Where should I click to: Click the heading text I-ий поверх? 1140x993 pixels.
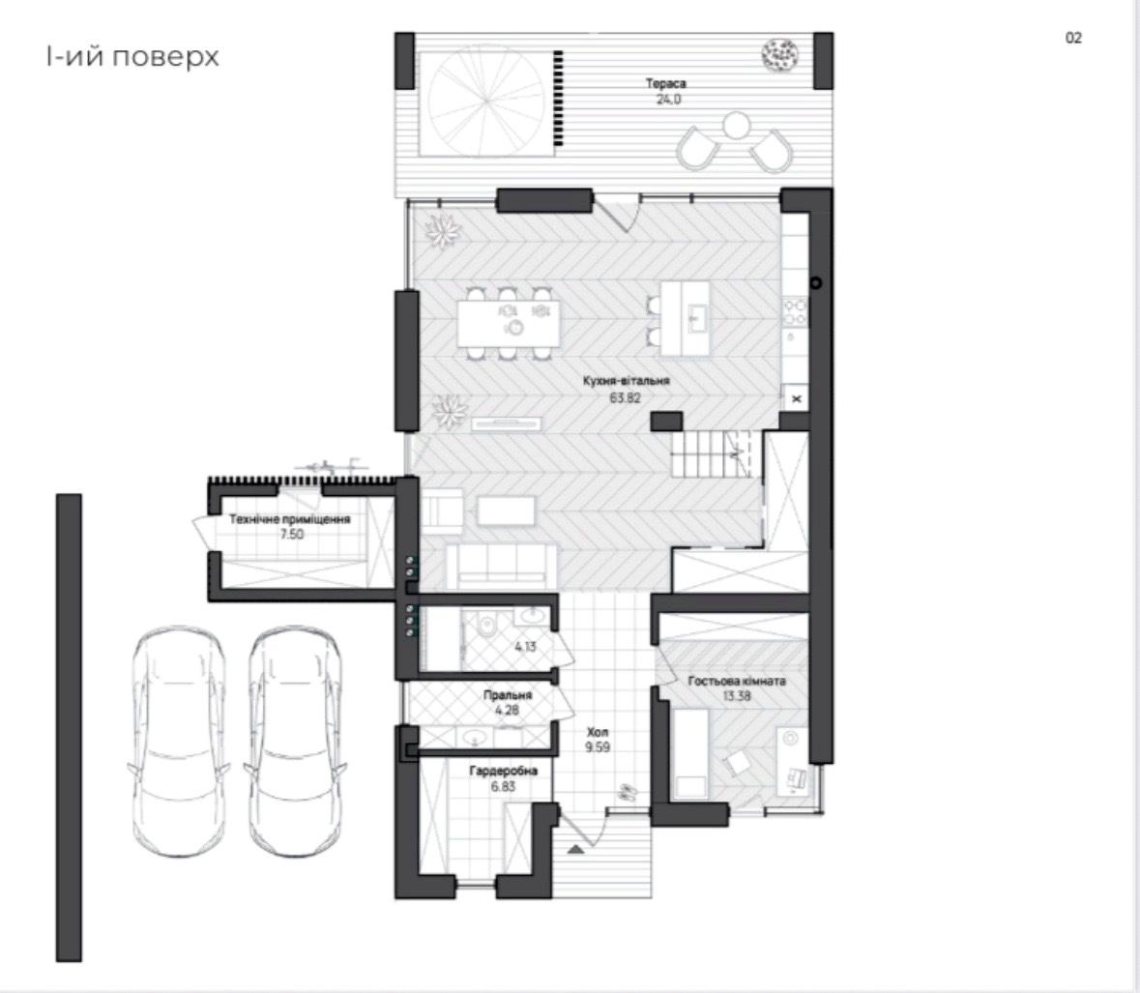[x=132, y=57]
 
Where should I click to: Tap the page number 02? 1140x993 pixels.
[x=1073, y=38]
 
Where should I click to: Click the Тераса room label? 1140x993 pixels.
[x=666, y=84]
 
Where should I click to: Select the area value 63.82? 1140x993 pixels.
[x=626, y=395]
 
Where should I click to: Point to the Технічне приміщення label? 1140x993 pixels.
[x=289, y=519]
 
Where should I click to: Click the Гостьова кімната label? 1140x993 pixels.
[x=737, y=681]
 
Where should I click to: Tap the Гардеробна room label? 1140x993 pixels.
[x=503, y=772]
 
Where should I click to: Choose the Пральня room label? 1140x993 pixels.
[x=508, y=694]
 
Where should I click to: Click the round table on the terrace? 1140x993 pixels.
[x=736, y=126]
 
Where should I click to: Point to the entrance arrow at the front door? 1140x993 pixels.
[x=576, y=849]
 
